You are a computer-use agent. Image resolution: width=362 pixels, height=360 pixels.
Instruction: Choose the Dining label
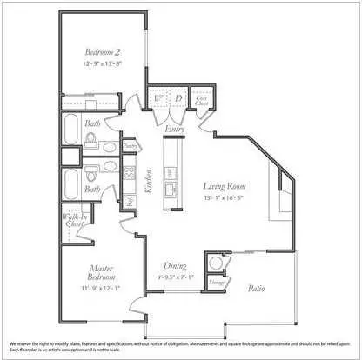point(175,265)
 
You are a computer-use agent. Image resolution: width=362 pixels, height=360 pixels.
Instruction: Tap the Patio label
point(255,287)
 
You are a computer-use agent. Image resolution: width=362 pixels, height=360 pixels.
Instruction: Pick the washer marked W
point(158,99)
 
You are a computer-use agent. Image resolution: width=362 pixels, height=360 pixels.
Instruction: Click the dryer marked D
point(178,99)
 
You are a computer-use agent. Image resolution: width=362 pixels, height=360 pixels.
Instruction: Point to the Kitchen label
point(151,183)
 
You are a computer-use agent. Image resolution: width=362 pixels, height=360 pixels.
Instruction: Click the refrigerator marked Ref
point(129,201)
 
